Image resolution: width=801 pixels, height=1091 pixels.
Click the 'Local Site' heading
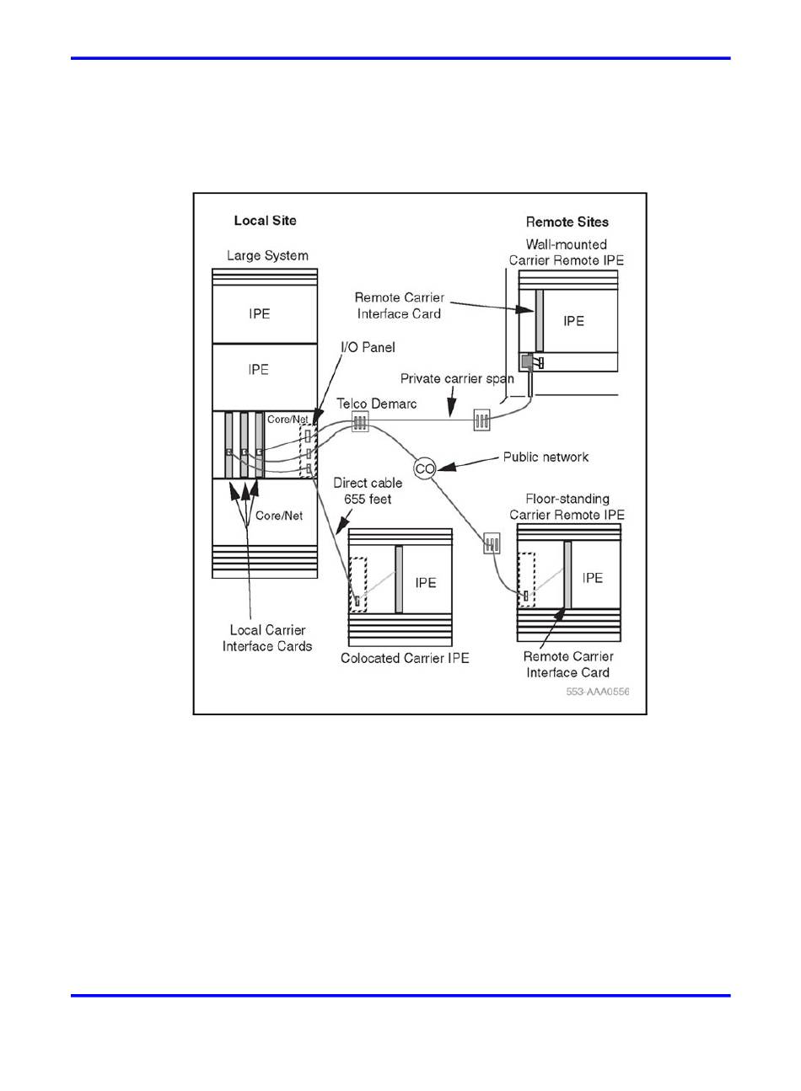click(265, 221)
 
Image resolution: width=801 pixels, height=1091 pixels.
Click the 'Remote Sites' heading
click(567, 222)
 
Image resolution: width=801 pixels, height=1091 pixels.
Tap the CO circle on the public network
click(425, 468)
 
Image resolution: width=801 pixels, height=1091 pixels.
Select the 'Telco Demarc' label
click(377, 404)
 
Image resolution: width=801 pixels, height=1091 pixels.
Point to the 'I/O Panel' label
click(368, 347)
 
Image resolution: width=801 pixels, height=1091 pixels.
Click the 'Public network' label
click(546, 457)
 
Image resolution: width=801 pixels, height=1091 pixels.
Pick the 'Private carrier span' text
click(457, 378)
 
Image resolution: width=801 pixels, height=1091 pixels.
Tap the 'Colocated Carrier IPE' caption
click(405, 658)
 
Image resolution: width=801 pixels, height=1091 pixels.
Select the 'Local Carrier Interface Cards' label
click(267, 638)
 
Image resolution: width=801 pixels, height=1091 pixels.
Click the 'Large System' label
click(267, 255)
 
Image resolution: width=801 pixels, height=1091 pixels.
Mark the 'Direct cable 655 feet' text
click(368, 490)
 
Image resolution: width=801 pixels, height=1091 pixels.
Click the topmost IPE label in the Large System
click(260, 313)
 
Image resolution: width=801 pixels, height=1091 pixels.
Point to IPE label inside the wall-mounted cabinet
click(574, 321)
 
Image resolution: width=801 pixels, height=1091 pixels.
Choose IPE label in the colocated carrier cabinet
click(426, 582)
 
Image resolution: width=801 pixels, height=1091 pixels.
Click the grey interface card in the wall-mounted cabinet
click(539, 320)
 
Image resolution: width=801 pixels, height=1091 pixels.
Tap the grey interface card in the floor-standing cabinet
click(568, 573)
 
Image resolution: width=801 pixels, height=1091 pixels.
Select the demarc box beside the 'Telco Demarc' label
click(360, 421)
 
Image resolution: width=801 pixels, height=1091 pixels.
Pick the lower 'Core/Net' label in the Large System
click(279, 516)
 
